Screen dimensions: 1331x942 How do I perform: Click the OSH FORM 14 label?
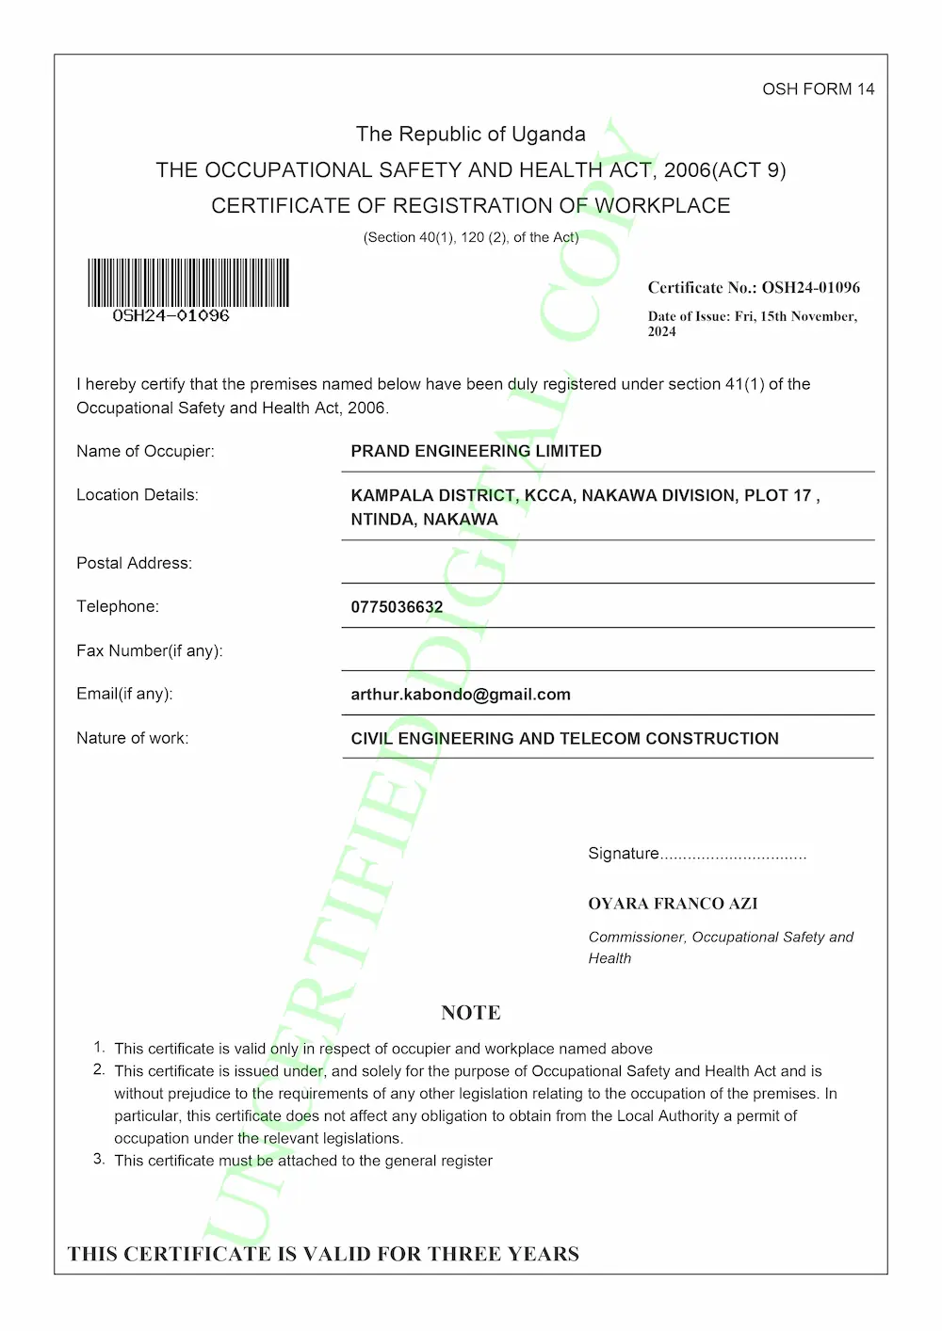(818, 89)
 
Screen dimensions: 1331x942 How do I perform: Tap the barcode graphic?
(188, 282)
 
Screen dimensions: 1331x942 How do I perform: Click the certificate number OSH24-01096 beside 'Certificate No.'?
(810, 288)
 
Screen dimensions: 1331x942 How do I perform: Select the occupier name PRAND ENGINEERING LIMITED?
(476, 452)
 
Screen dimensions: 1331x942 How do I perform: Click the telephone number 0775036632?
(397, 607)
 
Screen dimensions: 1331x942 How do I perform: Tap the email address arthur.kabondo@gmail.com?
(461, 695)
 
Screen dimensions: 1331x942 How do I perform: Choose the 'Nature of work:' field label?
(133, 739)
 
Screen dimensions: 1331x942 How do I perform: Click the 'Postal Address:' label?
(134, 564)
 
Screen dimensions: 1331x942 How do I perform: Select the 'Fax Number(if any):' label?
(150, 651)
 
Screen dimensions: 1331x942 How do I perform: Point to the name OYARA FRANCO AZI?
(673, 904)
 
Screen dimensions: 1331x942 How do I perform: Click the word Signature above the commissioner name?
(624, 854)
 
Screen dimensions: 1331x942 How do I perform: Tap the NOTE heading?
(471, 1013)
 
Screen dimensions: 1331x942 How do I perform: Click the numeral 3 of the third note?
(98, 1159)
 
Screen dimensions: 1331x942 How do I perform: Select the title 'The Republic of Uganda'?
(471, 135)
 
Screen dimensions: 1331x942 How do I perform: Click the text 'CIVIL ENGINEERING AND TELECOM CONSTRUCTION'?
(564, 739)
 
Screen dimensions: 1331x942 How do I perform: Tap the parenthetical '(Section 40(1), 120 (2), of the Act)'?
(471, 237)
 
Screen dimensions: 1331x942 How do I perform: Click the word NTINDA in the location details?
(382, 520)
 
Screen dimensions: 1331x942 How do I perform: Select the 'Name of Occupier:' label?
(145, 452)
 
